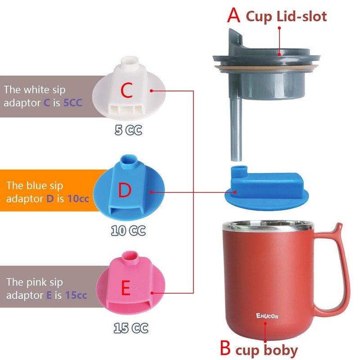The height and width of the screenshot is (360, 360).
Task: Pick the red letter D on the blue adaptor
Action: (x=124, y=191)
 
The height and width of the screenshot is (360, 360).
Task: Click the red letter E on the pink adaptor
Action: (x=126, y=287)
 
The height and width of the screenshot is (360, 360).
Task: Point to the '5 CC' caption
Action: (x=128, y=130)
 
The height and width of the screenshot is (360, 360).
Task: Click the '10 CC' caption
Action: (x=128, y=230)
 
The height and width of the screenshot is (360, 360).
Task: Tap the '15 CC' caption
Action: (x=130, y=328)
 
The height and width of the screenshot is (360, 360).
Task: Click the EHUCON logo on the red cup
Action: (x=267, y=315)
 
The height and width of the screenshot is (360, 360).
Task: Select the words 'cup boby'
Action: (x=267, y=350)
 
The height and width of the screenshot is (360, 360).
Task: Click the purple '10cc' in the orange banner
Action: (x=78, y=198)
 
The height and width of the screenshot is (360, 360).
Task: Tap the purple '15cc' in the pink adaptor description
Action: (x=75, y=295)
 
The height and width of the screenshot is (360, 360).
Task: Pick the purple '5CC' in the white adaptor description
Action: (x=72, y=103)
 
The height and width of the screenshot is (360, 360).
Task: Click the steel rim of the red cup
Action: (x=268, y=226)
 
